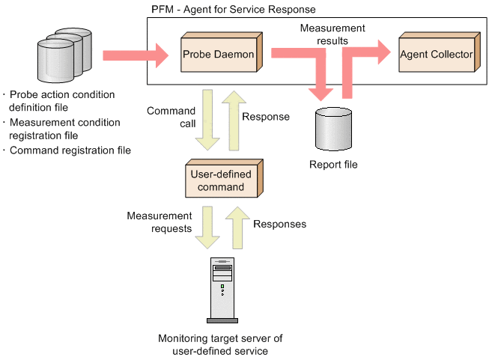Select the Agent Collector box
436,54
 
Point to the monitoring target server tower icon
222,289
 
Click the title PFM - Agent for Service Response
233,9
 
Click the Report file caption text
333,165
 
